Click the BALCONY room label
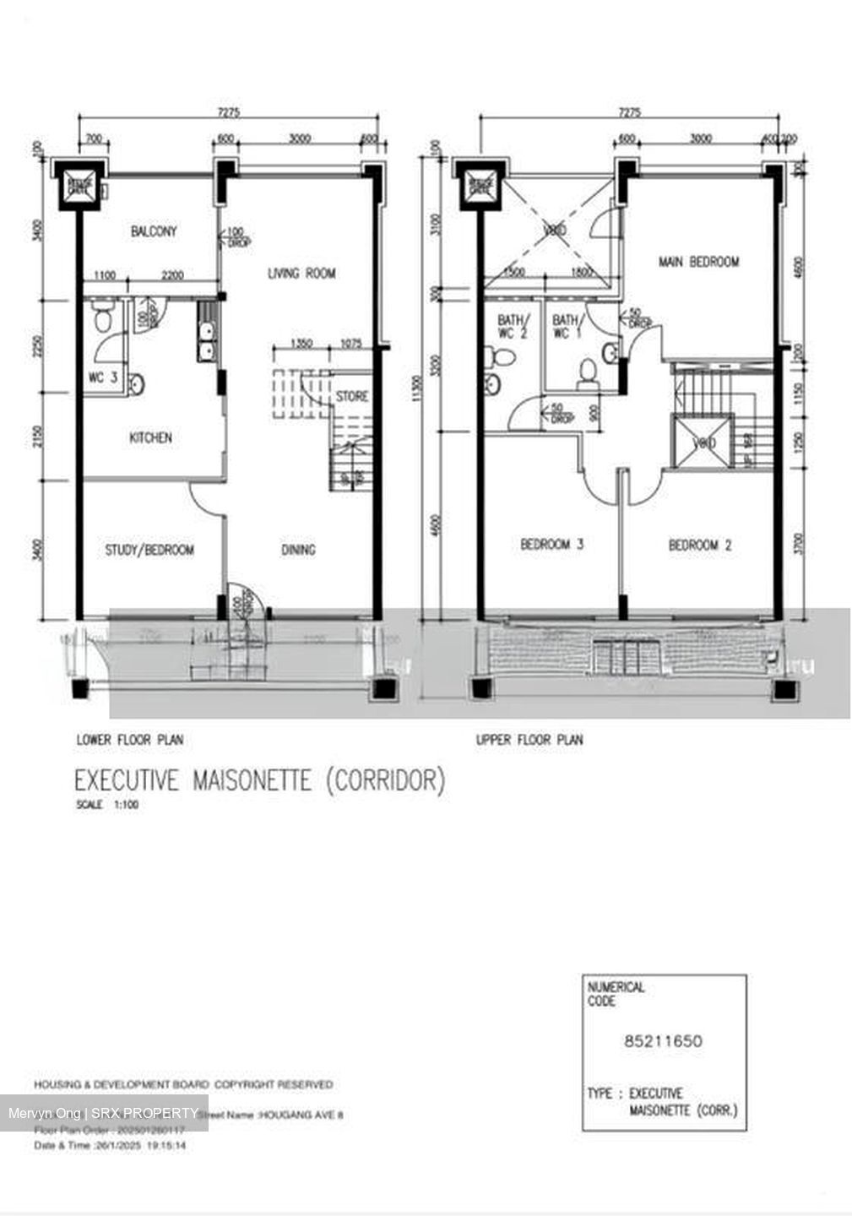(x=154, y=231)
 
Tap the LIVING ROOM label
(x=301, y=273)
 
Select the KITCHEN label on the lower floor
(x=150, y=437)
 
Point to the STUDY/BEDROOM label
(x=149, y=550)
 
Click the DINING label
(x=298, y=550)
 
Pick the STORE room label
(x=352, y=396)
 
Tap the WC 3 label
(x=102, y=377)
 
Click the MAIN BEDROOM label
(x=698, y=262)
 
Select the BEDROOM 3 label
(x=551, y=545)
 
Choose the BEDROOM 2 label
(x=700, y=546)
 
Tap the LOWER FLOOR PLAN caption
(x=130, y=740)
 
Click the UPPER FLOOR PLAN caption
(x=529, y=740)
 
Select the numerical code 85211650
(x=663, y=1040)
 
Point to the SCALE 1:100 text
(x=107, y=805)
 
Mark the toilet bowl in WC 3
(x=103, y=321)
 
